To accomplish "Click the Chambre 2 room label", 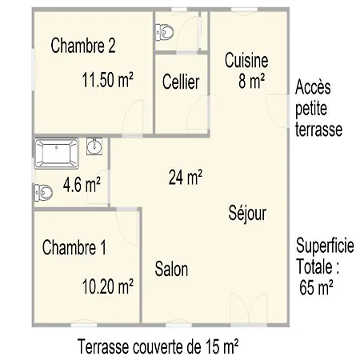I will point(83,46).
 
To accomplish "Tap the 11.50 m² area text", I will point(107,79).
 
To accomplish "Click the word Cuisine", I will point(246,60).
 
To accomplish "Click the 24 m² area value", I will point(185,178).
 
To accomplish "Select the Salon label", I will point(171,269).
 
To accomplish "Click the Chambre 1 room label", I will point(74,246).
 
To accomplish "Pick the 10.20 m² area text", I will point(108,285).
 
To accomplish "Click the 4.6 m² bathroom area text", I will point(82,186).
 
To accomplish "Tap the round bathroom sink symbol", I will point(94,147).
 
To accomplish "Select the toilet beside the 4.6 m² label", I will point(44,192).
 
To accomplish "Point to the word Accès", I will point(314,86).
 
